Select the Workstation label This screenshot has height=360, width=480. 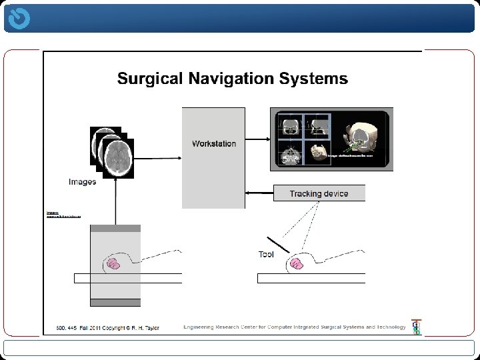(x=214, y=143)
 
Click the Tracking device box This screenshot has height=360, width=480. (x=319, y=193)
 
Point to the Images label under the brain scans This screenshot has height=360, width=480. (x=82, y=181)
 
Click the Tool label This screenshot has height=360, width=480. (x=266, y=254)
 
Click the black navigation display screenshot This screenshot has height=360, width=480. (x=331, y=139)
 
